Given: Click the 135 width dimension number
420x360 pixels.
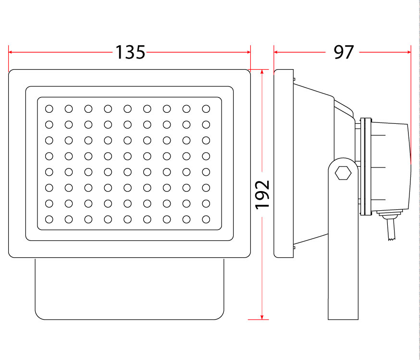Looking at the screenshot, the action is (x=130, y=52).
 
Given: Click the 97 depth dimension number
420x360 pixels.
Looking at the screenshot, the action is (x=344, y=52).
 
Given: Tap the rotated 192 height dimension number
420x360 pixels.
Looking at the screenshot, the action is (x=262, y=195).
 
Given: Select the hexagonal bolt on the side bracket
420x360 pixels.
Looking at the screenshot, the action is (x=343, y=173).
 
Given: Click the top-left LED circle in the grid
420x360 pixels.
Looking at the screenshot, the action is (x=49, y=109).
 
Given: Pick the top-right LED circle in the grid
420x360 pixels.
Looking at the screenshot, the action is (x=206, y=109).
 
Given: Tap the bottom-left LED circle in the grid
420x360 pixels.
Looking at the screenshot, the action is (x=49, y=219).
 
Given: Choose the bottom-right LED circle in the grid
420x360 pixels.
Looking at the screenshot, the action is (x=206, y=219).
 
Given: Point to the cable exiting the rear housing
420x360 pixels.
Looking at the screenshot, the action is (x=391, y=229).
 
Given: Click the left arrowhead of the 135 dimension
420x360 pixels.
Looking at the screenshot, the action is (x=11, y=52).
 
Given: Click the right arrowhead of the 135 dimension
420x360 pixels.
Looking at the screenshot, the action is (x=248, y=52).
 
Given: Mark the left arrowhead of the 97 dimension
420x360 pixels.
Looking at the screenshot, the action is (x=276, y=52).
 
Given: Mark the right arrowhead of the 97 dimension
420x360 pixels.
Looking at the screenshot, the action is (x=408, y=52).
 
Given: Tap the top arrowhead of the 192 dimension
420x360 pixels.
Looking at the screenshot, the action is (x=262, y=72).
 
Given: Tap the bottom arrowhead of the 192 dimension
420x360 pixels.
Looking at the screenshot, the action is (x=262, y=317).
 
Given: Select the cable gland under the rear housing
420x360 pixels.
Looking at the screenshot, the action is (x=390, y=214).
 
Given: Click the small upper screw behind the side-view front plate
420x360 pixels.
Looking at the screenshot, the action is (x=294, y=79).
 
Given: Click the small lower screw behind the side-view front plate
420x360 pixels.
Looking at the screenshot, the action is (x=294, y=248).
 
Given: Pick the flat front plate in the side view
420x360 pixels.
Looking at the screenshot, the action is (x=284, y=163).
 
